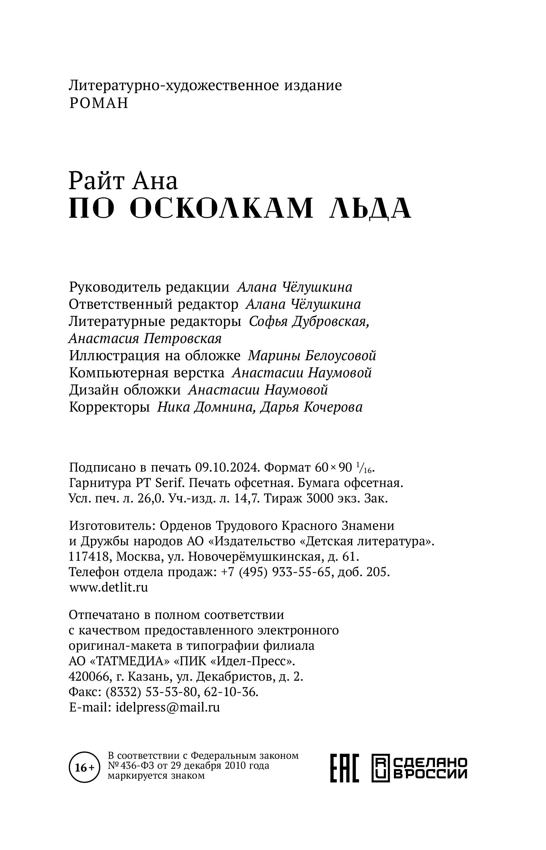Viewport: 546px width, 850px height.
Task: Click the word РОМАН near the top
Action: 99,103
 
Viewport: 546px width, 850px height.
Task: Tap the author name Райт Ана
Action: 123,181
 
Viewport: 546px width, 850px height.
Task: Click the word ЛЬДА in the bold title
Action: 370,208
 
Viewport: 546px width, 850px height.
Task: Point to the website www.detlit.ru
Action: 109,587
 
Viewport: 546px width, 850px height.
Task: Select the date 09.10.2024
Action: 226,467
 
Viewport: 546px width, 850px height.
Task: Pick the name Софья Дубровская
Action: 309,322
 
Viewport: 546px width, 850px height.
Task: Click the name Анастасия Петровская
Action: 145,339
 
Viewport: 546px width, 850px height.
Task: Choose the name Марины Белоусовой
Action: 312,356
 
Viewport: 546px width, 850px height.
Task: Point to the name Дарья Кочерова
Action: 311,407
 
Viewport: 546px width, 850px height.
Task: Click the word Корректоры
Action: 109,407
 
